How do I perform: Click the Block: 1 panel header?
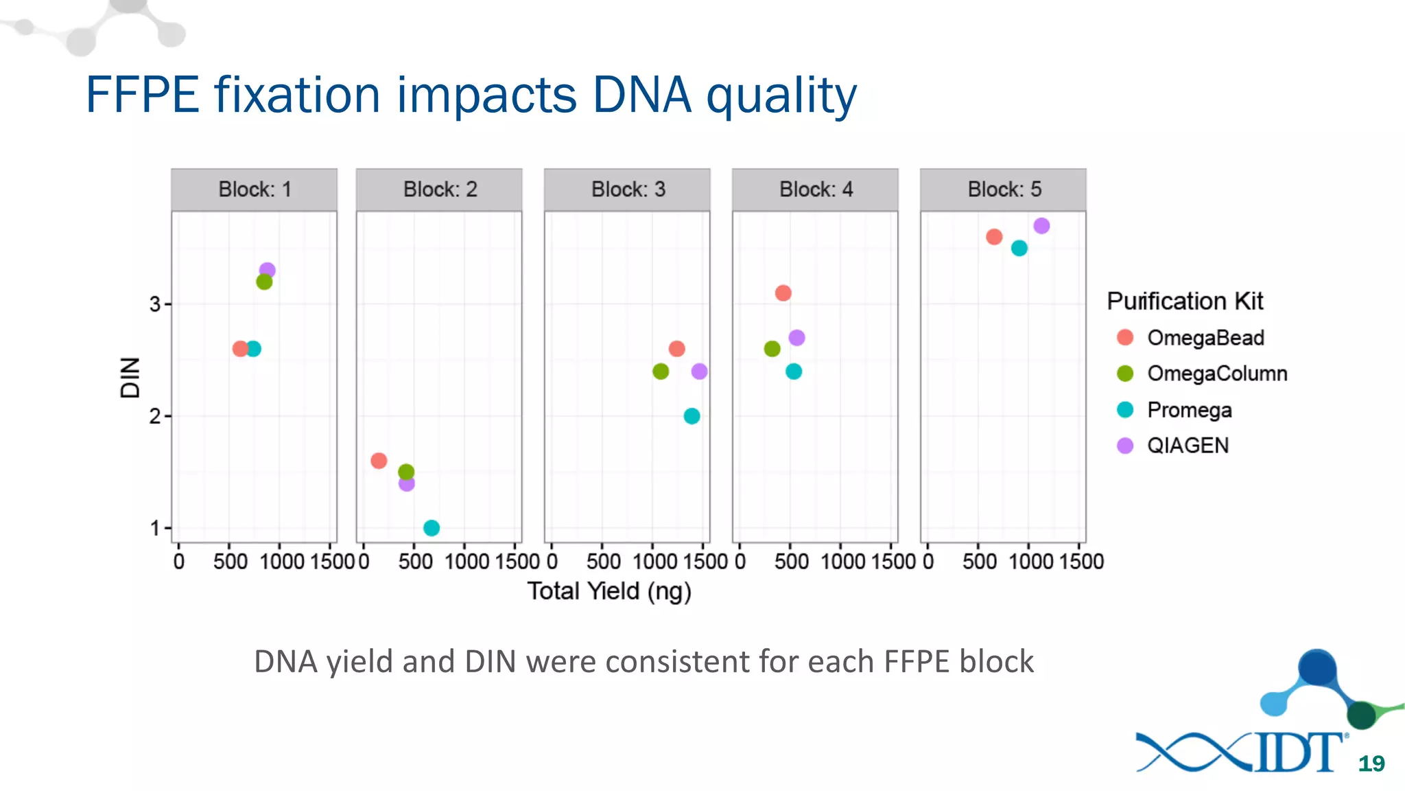tap(254, 190)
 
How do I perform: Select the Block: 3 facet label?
tap(627, 190)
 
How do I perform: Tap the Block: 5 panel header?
tap(1003, 190)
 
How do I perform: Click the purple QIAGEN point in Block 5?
tap(1041, 226)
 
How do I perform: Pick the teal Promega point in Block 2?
tap(432, 528)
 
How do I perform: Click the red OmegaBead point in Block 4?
tap(783, 293)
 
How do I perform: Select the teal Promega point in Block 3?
tap(692, 416)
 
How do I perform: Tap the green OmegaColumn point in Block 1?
tap(264, 282)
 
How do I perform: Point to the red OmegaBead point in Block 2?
tap(379, 461)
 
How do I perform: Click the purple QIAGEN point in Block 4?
tap(796, 338)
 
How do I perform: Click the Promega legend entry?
tap(1189, 410)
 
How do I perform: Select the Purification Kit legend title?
tap(1185, 301)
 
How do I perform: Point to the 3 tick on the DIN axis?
tap(156, 304)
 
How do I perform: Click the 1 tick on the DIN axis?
tap(156, 528)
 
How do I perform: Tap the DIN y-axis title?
tap(130, 378)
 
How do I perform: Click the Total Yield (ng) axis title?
tap(609, 591)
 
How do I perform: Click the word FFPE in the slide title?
tap(143, 95)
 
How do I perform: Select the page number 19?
tap(1371, 764)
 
